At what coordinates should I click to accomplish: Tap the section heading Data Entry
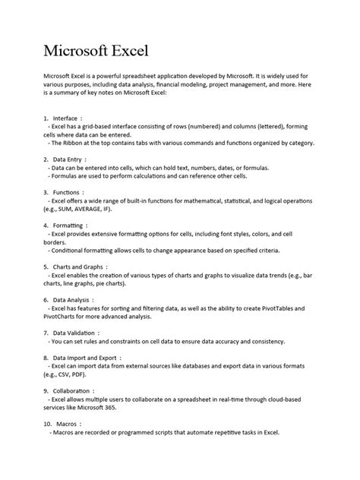[69, 159]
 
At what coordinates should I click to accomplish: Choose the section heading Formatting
[70, 226]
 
